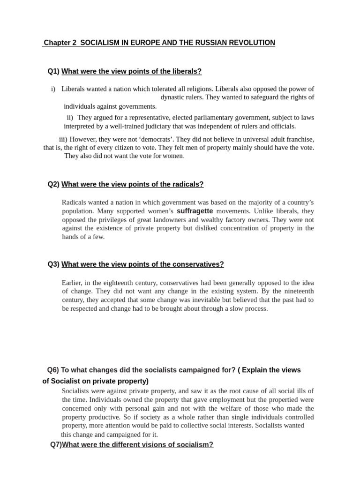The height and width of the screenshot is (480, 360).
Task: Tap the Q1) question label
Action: (53, 71)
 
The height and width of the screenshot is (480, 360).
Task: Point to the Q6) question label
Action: (53, 370)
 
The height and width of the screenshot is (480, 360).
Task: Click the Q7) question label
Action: (56, 444)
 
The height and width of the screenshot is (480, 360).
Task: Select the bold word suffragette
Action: (195, 211)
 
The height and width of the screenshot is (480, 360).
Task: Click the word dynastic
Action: (174, 97)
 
